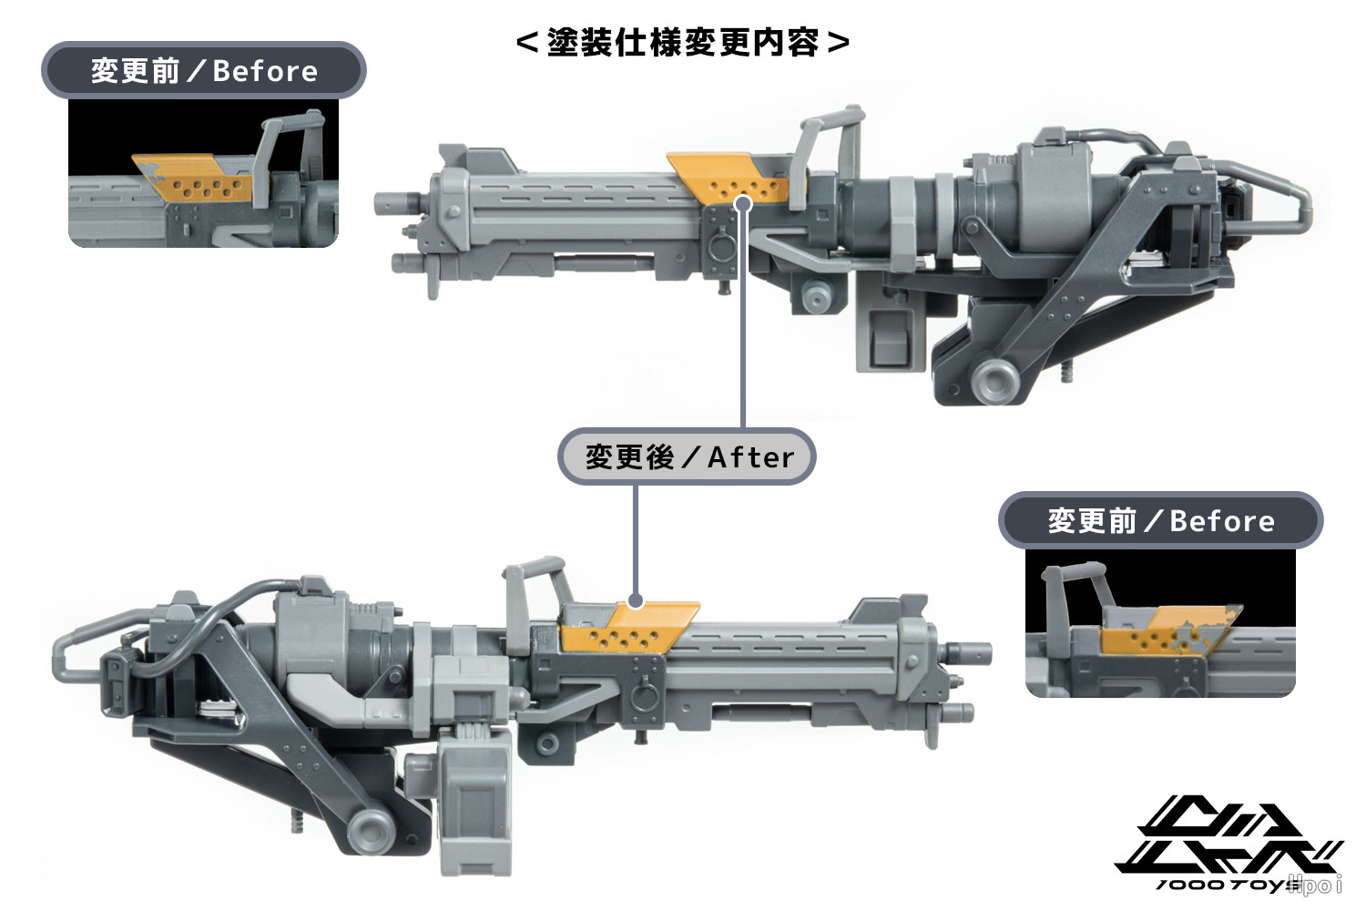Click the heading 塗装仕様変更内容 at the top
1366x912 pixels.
[682, 43]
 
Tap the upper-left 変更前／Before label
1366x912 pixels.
[204, 70]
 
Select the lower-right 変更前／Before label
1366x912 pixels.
[1160, 520]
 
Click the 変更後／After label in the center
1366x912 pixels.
[688, 457]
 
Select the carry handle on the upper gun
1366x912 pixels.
[831, 152]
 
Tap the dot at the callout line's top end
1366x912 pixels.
[743, 203]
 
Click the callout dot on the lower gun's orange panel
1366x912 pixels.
[636, 601]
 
